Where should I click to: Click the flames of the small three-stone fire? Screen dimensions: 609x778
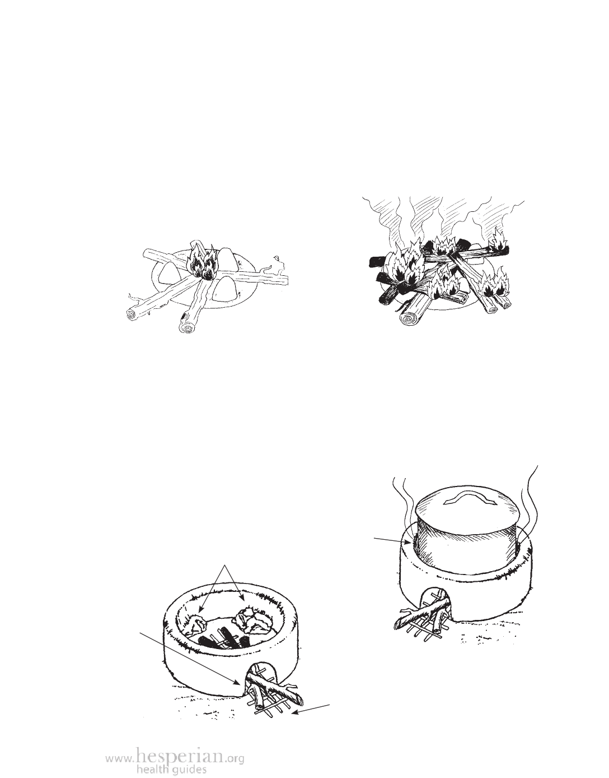pyautogui.click(x=202, y=262)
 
